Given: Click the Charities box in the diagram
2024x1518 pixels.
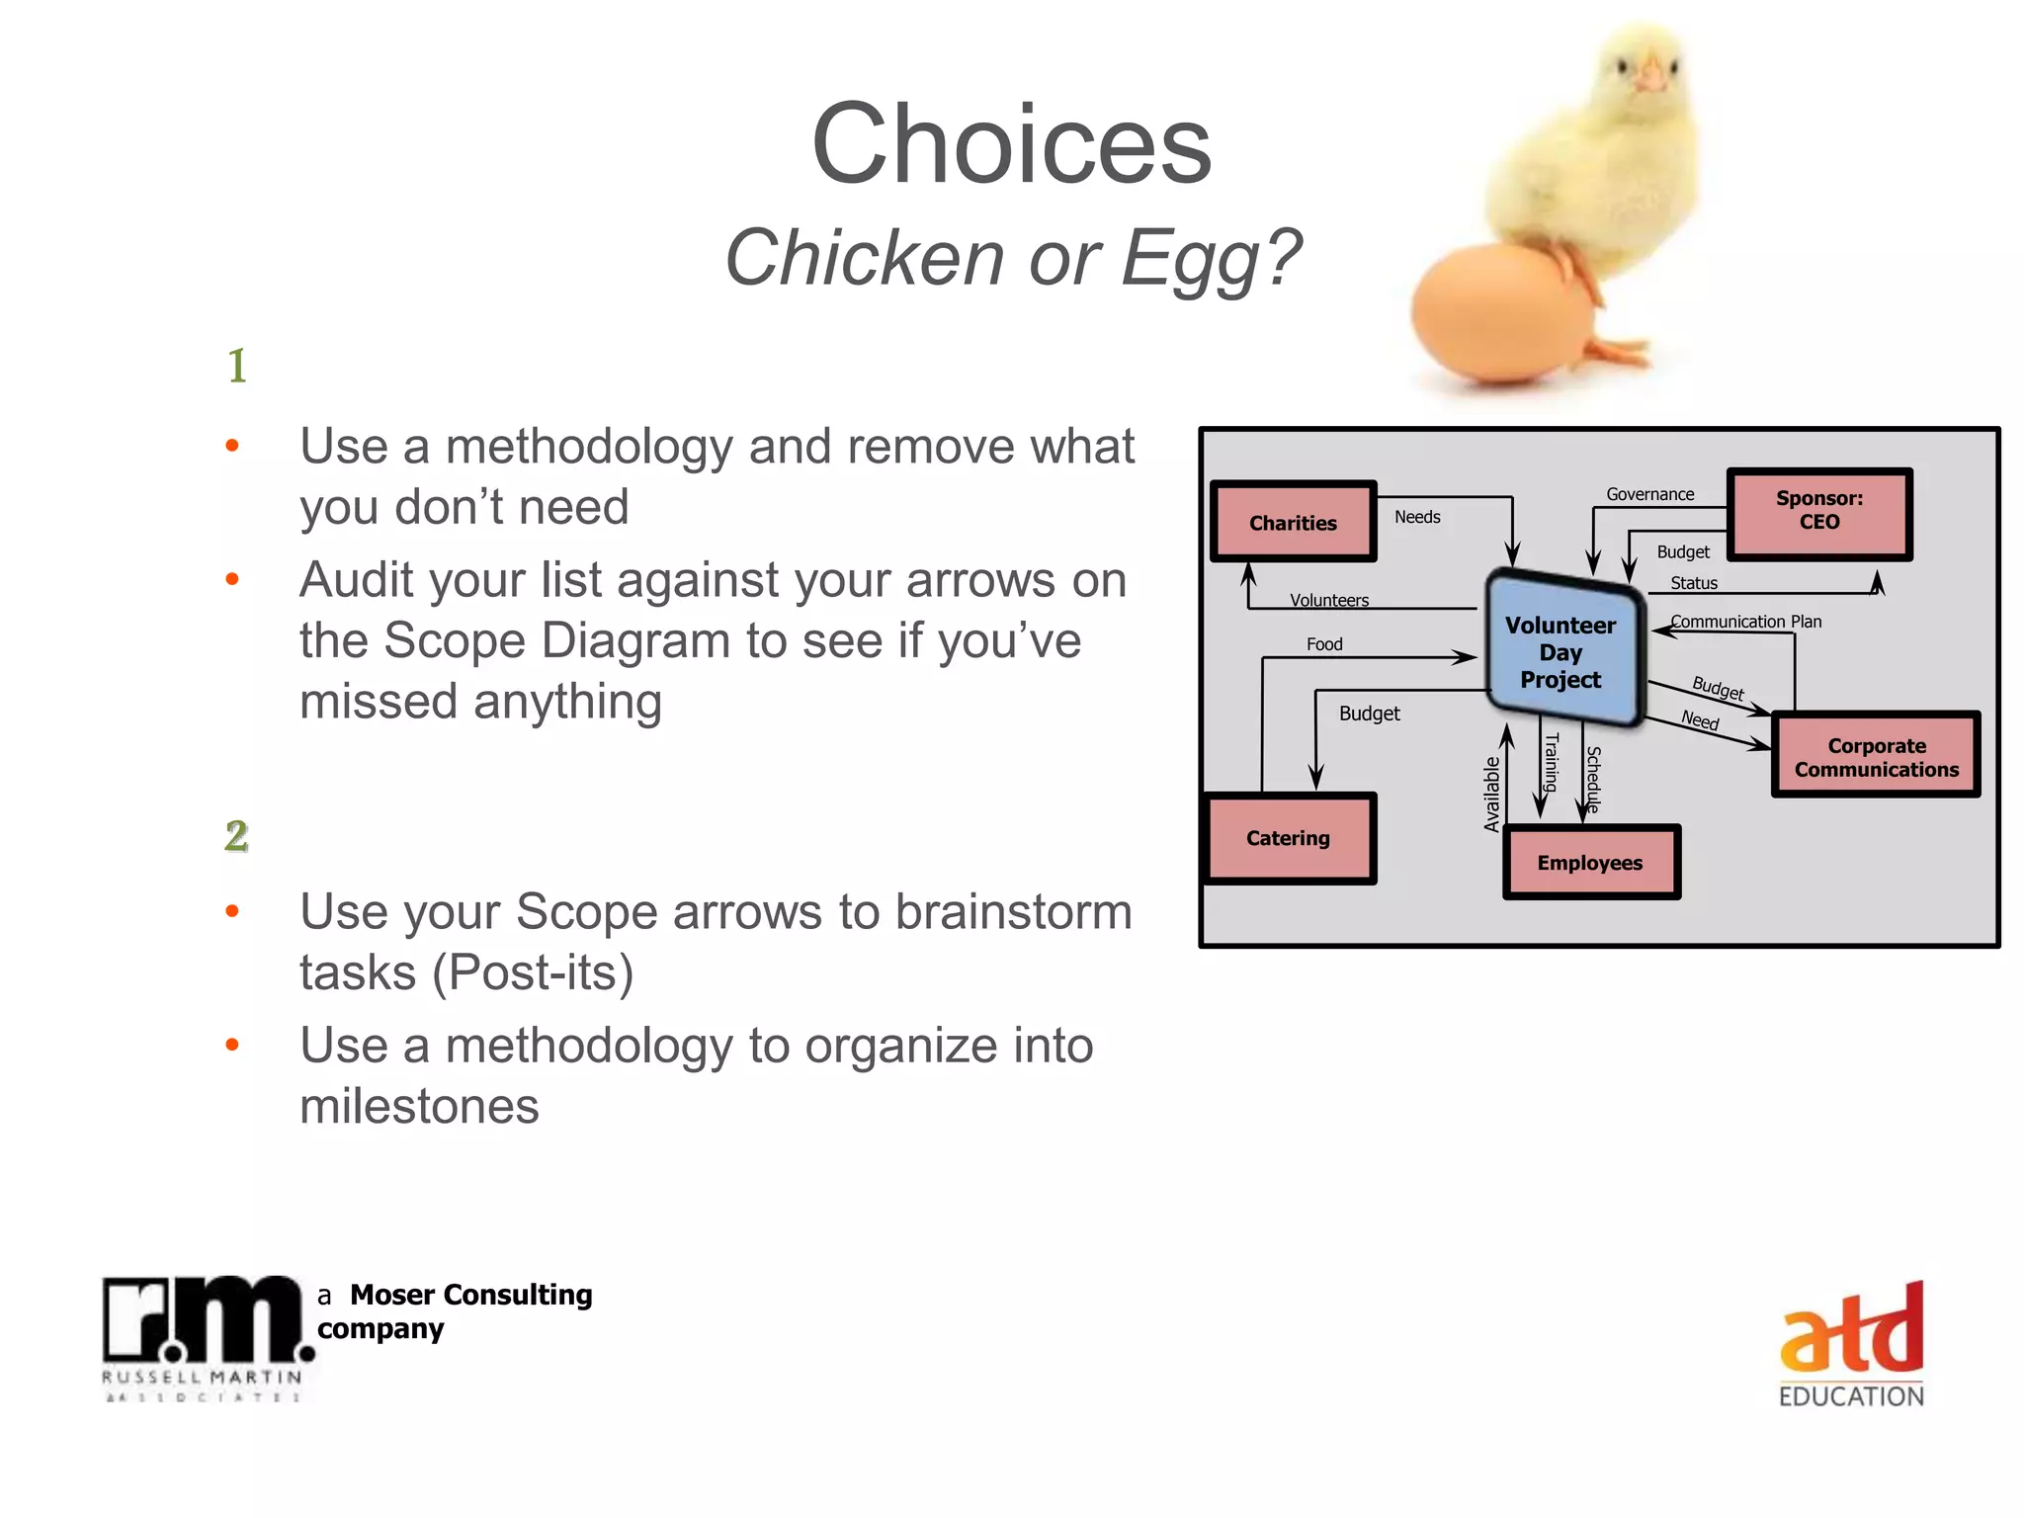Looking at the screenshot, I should [x=1293, y=522].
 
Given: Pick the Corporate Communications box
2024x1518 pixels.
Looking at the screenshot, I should [x=1875, y=756].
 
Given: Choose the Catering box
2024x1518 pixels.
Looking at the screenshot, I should [x=1289, y=838].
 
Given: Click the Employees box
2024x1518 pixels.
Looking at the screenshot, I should [x=1589, y=863].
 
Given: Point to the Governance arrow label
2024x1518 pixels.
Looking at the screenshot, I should [x=1649, y=494].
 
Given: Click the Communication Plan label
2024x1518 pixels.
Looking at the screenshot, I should [x=1745, y=621].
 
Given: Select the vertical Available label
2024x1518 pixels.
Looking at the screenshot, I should [x=1491, y=794].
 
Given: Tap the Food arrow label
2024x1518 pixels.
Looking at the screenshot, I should [x=1324, y=644].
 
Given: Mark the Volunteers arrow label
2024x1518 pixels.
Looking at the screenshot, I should [x=1329, y=600].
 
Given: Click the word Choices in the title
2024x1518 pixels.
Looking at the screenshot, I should [x=1011, y=144].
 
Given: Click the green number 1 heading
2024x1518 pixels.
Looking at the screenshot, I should [x=237, y=366].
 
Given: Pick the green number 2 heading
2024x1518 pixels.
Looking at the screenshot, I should [x=236, y=835].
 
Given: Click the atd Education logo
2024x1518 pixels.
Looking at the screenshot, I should [x=1851, y=1343].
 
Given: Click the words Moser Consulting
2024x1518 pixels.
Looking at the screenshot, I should [x=470, y=1295].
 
